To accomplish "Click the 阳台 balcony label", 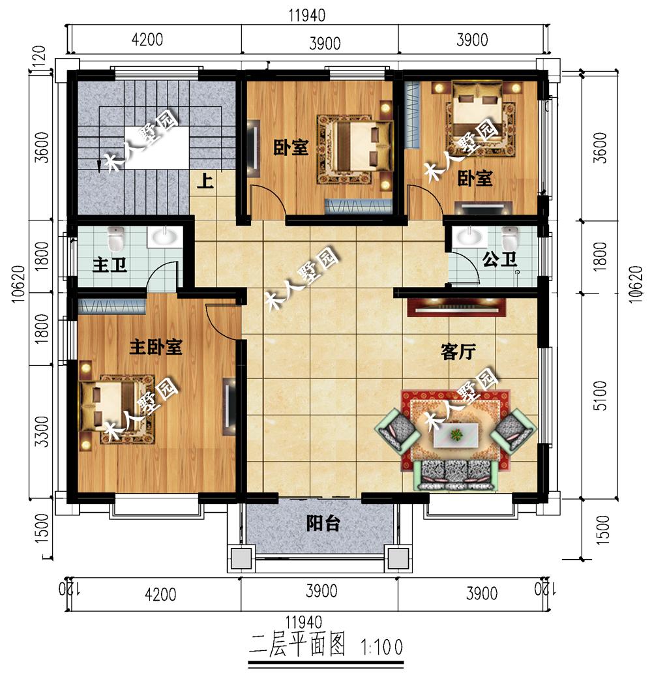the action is coord(323,524).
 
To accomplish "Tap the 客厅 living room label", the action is coord(458,352).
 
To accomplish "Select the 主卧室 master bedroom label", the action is coord(156,347).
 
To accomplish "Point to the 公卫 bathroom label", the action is coord(499,259).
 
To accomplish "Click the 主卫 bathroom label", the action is coord(110,264).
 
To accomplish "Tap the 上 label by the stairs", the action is coord(205,181).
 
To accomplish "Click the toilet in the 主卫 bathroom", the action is coord(115,239).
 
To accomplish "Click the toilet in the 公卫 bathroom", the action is coord(510,238).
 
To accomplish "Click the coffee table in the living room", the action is coord(456,434).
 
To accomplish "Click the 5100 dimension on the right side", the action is coord(600,395).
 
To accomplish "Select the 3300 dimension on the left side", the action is coord(42,431).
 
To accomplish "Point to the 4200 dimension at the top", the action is coord(147,40).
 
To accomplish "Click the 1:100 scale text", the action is coord(381,647).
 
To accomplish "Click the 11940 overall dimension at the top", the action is coord(307,16).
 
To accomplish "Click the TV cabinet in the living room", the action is coord(457,307).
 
